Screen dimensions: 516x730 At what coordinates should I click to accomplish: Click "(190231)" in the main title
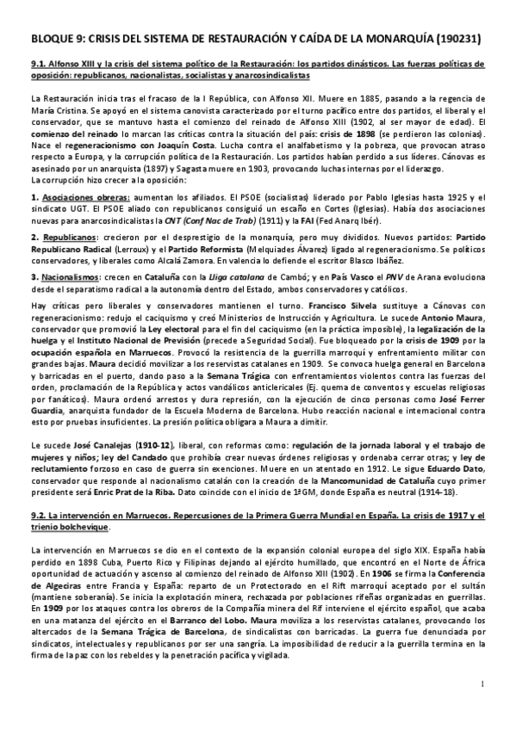click(452, 39)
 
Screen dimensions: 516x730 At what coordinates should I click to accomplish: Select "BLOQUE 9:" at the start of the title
click(59, 39)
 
